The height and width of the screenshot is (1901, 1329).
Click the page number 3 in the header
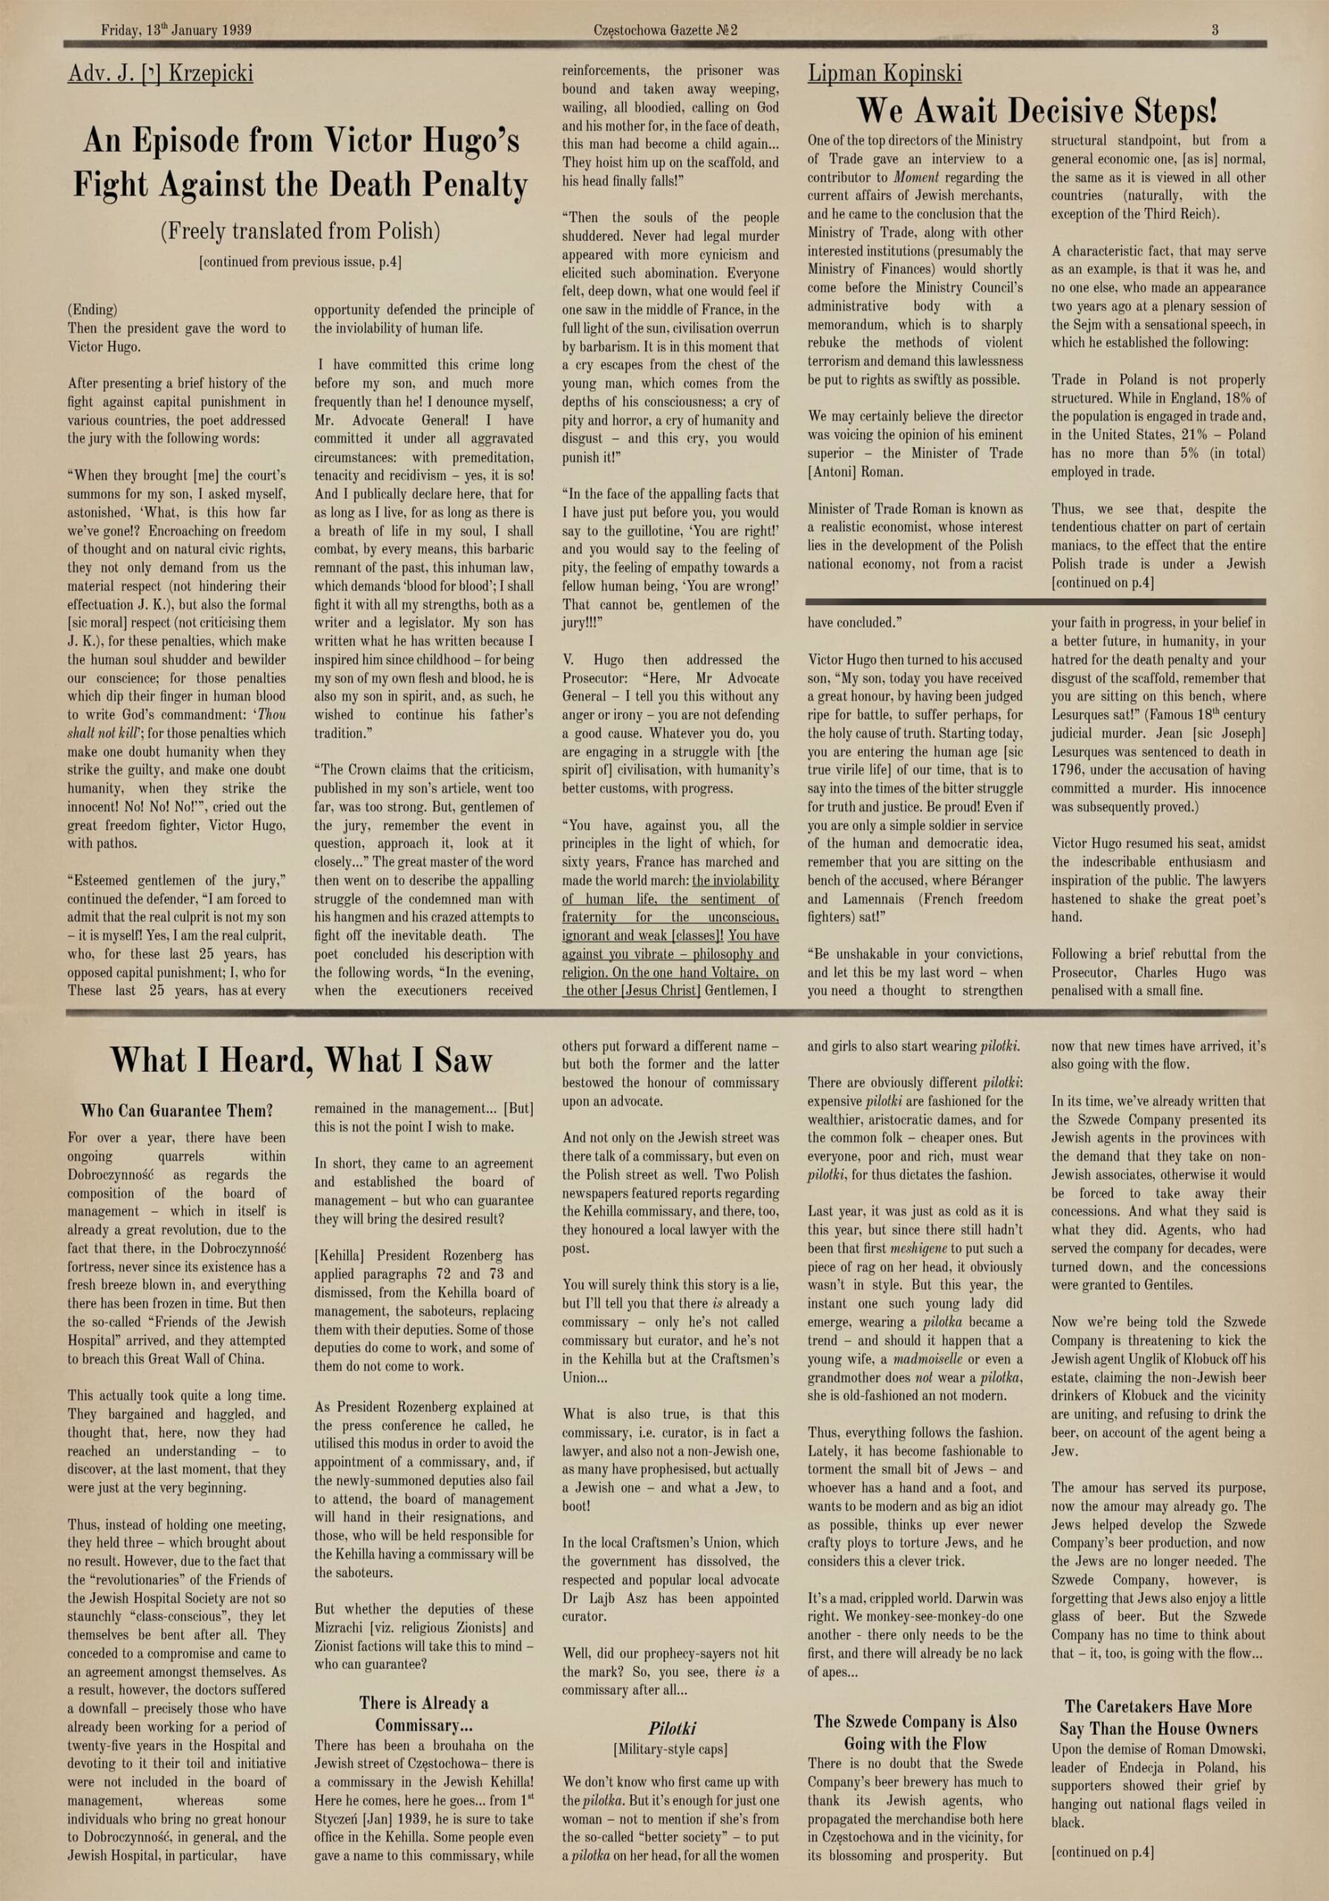(x=1215, y=30)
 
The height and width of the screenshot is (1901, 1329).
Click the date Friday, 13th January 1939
(x=177, y=30)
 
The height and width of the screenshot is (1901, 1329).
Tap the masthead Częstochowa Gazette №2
(x=665, y=30)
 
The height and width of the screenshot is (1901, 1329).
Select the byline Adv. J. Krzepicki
(x=160, y=74)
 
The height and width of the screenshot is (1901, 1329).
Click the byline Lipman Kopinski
(x=884, y=74)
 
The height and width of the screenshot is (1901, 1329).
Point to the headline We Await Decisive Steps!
(x=1036, y=110)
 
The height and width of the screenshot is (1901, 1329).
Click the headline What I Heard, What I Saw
(x=301, y=1060)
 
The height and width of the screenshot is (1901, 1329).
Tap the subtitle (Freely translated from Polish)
(x=300, y=230)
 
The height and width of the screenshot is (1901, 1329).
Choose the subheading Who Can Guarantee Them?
(x=177, y=1111)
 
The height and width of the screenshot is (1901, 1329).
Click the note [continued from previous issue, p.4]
(x=300, y=262)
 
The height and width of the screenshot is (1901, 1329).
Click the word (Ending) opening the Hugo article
(x=92, y=310)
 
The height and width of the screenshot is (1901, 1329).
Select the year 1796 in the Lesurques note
(x=1068, y=770)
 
